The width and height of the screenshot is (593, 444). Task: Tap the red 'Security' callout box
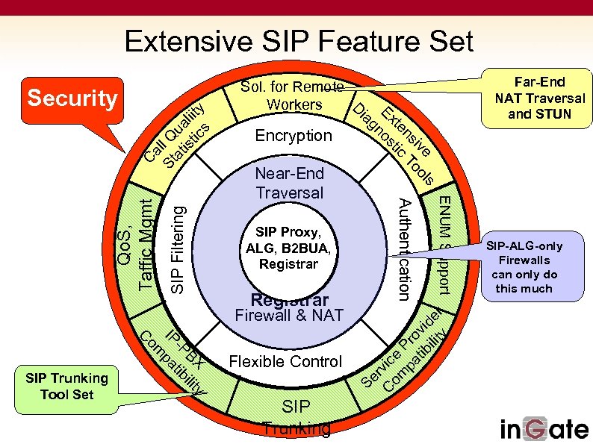coord(72,99)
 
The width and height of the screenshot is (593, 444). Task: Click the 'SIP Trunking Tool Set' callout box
coord(66,386)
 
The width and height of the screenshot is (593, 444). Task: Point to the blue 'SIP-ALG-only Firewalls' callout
coord(524,267)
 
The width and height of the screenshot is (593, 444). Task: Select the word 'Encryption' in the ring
coord(294,136)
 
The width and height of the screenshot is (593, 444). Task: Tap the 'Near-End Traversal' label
coord(290,183)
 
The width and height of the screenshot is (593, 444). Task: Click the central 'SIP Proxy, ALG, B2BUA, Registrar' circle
coord(288,246)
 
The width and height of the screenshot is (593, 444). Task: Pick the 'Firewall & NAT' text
coord(289,315)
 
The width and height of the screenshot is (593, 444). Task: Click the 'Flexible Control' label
coord(285,362)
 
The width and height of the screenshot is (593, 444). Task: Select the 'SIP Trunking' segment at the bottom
coord(296,416)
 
